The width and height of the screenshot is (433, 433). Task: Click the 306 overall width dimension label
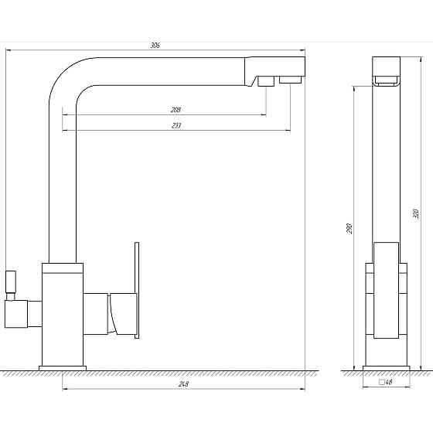(155, 46)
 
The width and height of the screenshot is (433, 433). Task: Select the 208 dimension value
(176, 110)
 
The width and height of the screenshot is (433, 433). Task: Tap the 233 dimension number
(176, 125)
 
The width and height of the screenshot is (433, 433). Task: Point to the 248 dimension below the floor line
(183, 384)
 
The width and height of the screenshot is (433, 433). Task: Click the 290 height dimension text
(349, 228)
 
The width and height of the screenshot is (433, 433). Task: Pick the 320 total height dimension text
(416, 213)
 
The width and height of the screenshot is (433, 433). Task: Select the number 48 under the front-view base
(389, 383)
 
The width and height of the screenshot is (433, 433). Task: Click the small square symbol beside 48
(382, 382)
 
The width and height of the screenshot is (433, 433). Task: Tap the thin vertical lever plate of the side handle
(137, 290)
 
